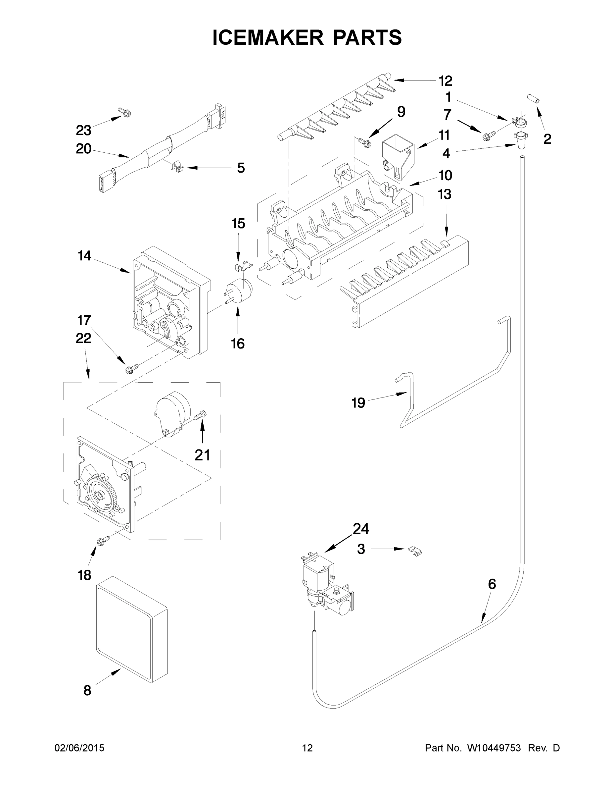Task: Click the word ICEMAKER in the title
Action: coord(268,37)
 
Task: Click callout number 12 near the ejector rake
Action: coord(445,81)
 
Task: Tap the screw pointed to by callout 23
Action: coord(125,113)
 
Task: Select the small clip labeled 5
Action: coord(177,167)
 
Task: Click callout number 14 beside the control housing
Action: coord(84,256)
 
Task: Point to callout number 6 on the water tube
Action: coord(492,584)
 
